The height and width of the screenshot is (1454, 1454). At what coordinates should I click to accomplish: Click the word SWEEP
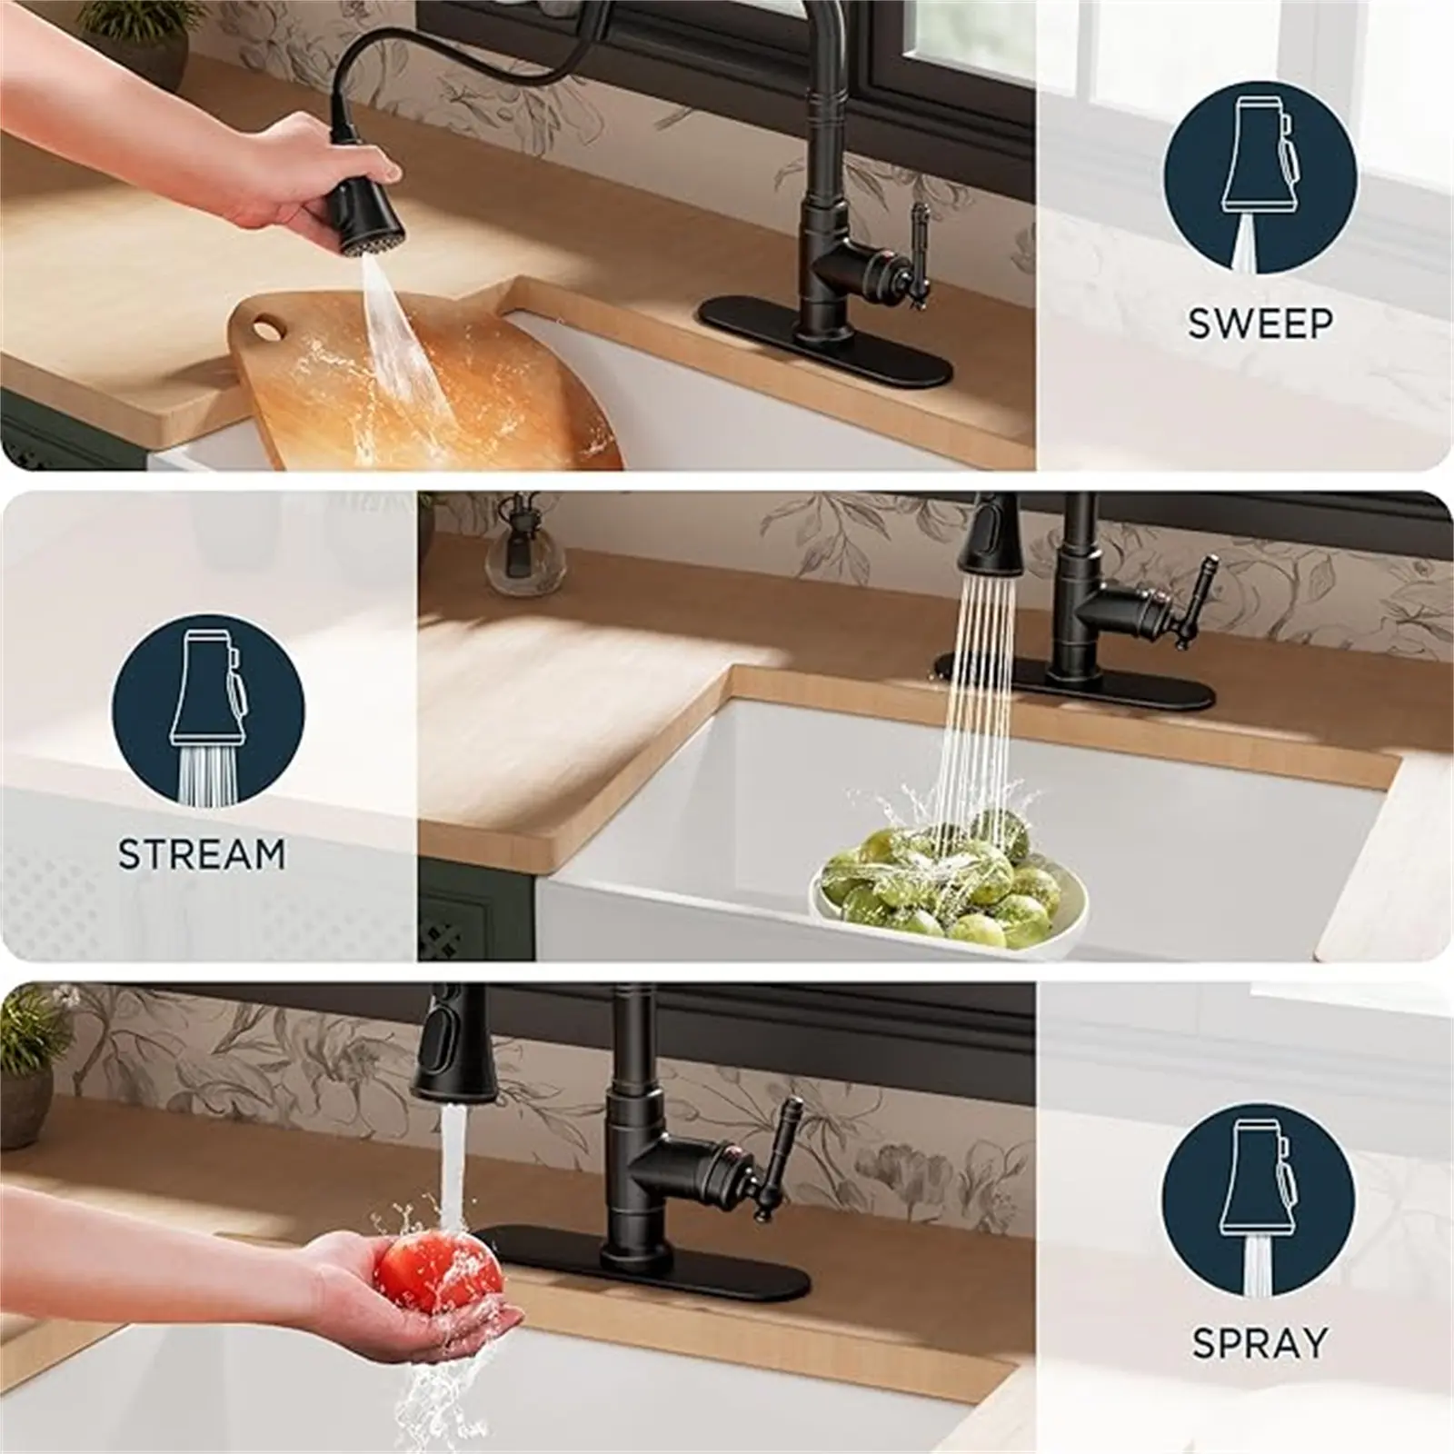pyautogui.click(x=1260, y=324)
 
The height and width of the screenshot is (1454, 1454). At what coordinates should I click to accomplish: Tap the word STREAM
pyautogui.click(x=202, y=854)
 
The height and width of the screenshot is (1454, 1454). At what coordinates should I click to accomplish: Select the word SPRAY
pyautogui.click(x=1260, y=1342)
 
